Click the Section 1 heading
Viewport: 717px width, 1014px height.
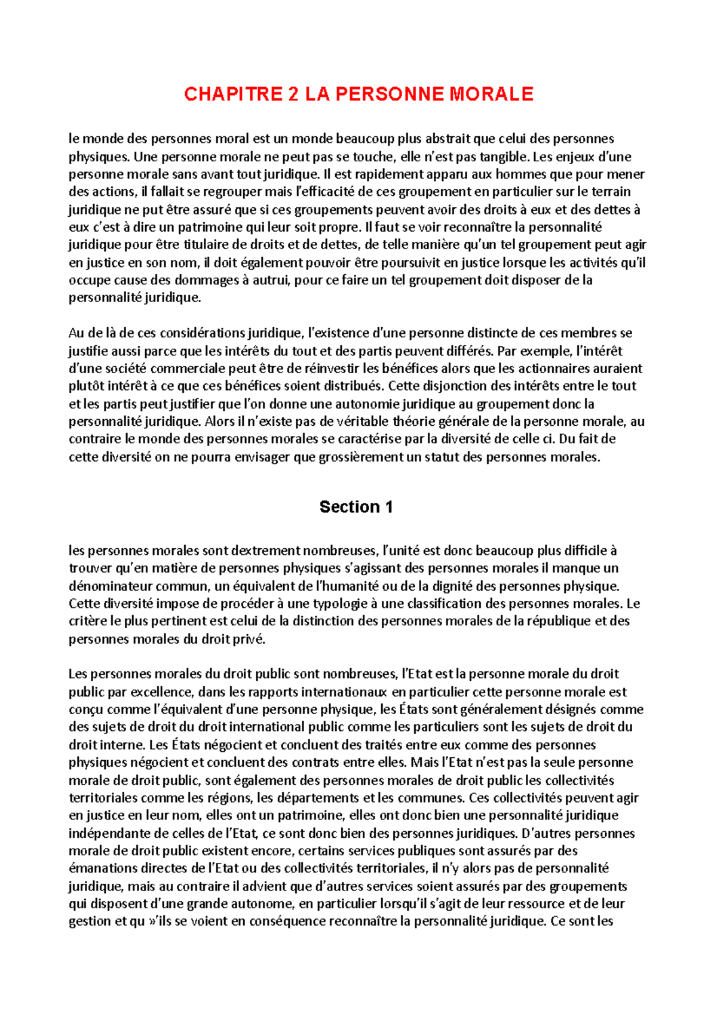[356, 507]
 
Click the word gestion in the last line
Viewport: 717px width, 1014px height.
[90, 921]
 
